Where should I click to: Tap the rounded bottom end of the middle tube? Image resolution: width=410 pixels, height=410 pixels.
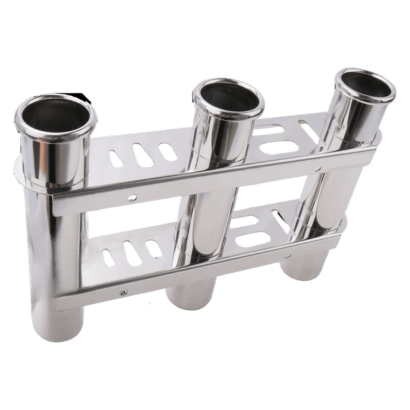[188, 301]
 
